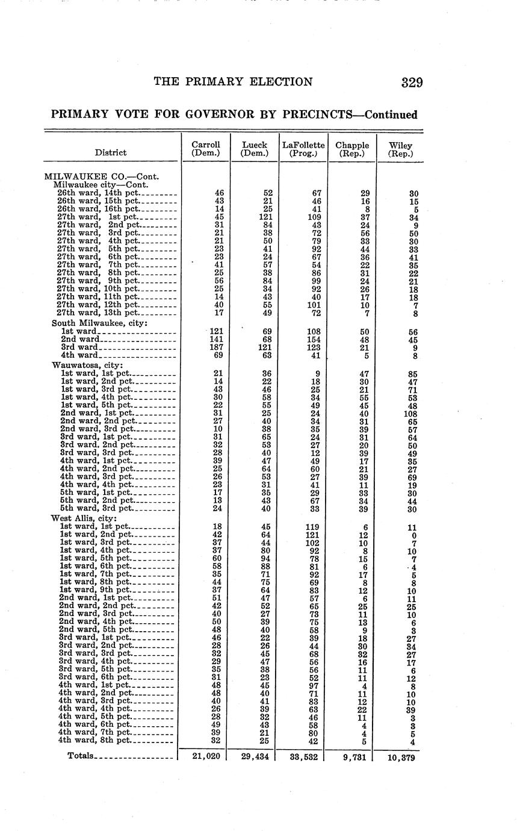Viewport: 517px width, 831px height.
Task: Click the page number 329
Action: coord(412,82)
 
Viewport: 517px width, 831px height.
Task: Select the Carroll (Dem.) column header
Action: coord(206,149)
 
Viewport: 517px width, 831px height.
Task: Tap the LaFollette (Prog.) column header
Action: coord(303,149)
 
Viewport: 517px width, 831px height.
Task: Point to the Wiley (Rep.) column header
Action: coord(401,149)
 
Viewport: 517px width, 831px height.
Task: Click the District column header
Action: coord(111,153)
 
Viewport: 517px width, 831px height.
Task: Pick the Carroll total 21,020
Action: coord(206,756)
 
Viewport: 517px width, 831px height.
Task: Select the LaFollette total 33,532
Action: coord(303,756)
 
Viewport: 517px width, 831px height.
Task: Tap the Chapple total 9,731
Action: coord(353,757)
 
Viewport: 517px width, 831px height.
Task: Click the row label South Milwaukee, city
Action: coord(100,323)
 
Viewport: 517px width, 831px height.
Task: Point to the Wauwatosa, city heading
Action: coord(87,365)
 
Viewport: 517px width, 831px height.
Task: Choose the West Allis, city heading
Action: coord(84,518)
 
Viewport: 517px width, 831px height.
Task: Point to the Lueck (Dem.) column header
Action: coord(255,149)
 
